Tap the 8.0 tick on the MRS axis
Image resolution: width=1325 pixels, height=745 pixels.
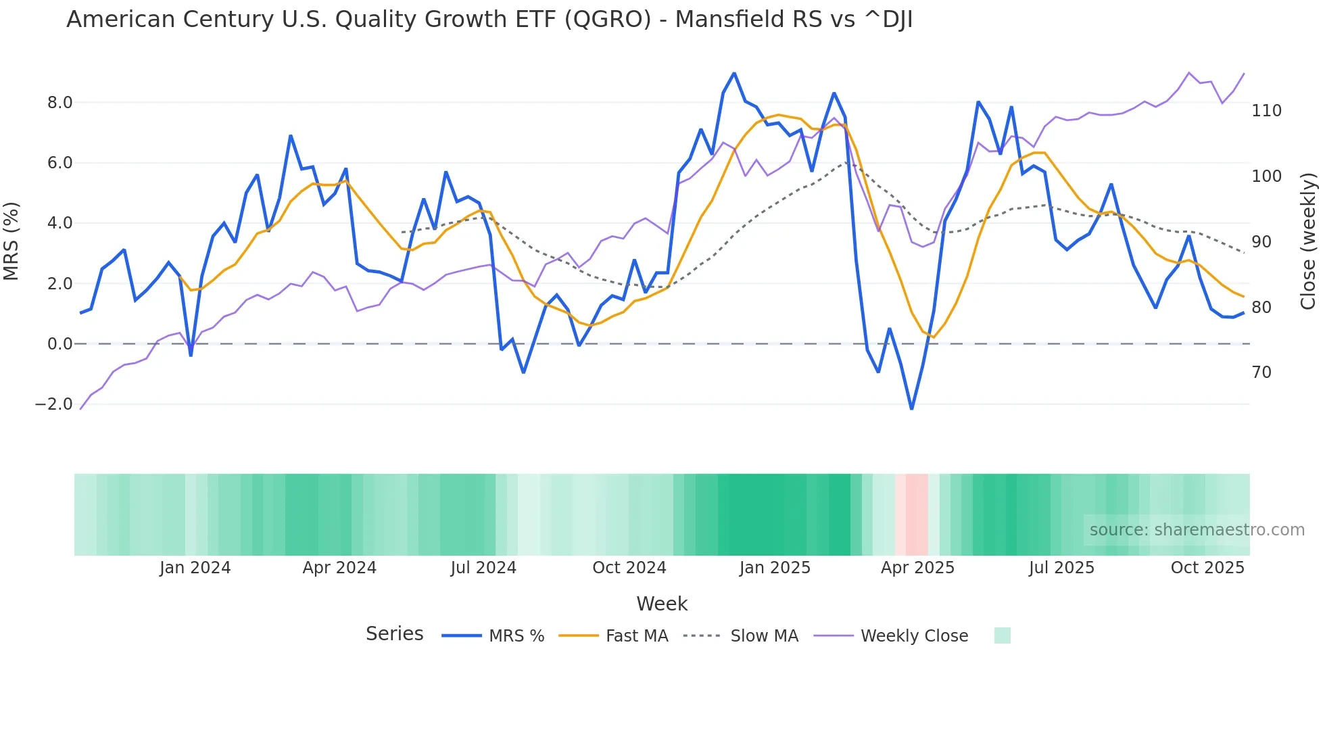point(59,103)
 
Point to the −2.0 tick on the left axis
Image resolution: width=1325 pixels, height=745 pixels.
point(53,404)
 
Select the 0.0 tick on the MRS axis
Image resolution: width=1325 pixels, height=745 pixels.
point(59,344)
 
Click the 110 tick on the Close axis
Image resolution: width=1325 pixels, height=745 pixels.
point(1266,111)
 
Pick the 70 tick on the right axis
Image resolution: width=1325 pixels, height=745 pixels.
point(1261,372)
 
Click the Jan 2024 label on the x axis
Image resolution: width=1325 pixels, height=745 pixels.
point(195,568)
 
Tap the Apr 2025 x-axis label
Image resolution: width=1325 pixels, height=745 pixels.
point(917,568)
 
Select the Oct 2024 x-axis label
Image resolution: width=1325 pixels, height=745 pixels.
point(629,568)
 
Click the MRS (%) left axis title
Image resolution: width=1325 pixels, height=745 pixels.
point(11,241)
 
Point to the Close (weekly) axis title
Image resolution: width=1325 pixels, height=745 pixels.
point(1308,241)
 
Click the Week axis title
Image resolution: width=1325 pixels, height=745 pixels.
point(662,604)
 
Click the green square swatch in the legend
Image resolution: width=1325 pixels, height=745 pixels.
point(1003,635)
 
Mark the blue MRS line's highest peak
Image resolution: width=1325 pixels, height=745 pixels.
point(734,73)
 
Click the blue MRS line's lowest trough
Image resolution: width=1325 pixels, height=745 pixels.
point(911,408)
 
